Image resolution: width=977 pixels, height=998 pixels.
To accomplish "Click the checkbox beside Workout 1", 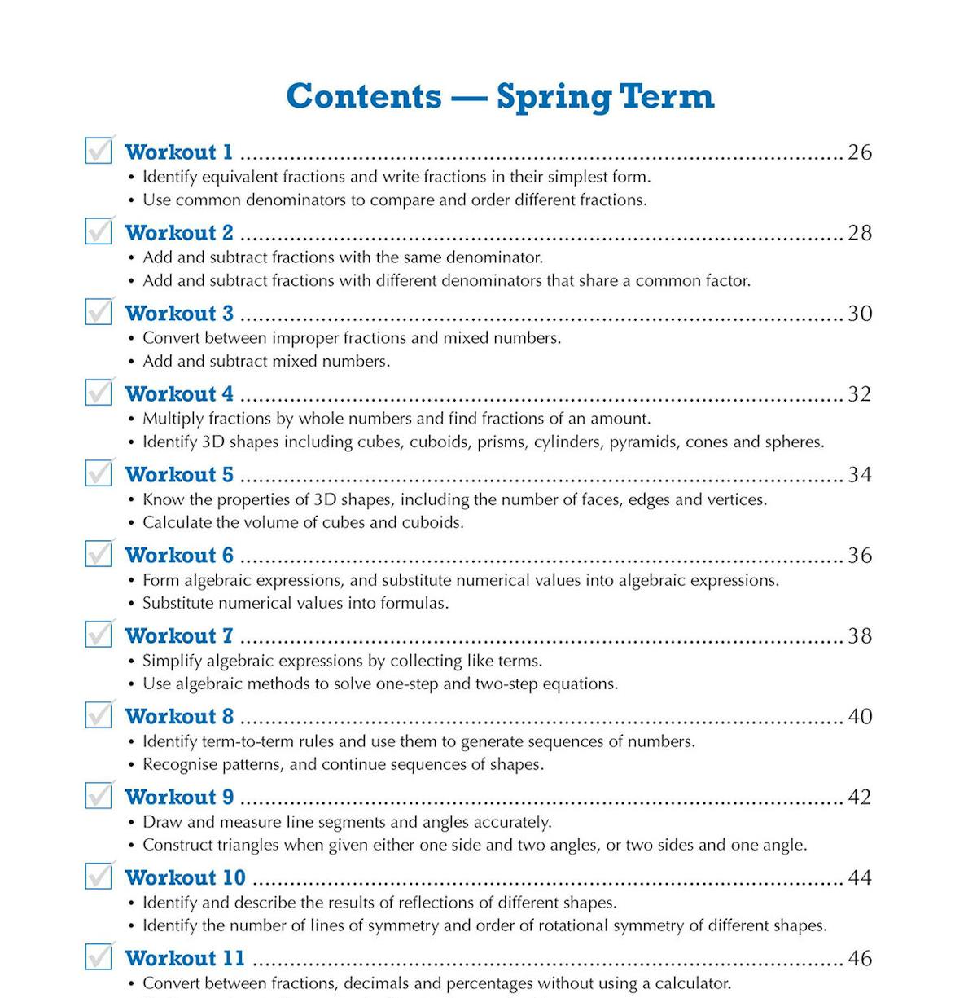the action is point(99,151).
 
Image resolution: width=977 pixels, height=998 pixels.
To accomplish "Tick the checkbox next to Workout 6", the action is point(99,554).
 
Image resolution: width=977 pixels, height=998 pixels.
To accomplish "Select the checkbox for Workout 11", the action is point(99,957).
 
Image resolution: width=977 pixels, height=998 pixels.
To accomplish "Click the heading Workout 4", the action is point(179,394).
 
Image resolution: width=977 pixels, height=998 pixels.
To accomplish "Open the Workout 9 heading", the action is point(179,798).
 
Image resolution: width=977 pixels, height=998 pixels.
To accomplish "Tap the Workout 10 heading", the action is point(185,878).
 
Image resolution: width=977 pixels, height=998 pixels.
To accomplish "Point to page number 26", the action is point(860,152).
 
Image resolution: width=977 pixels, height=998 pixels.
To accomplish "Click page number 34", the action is point(860,475).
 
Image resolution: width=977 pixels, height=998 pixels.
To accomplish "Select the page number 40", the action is point(860,717).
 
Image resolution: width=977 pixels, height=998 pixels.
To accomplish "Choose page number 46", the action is point(860,959).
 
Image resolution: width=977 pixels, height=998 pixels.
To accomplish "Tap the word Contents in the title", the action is point(363,96).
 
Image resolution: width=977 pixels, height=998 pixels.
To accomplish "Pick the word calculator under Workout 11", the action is point(694,983).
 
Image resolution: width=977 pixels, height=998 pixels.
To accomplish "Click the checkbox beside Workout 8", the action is point(99,715).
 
